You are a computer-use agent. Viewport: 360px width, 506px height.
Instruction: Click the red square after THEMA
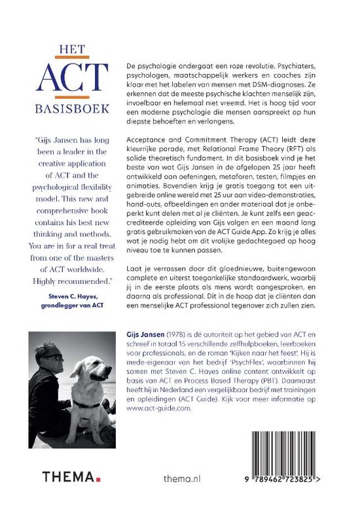coord(97,478)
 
